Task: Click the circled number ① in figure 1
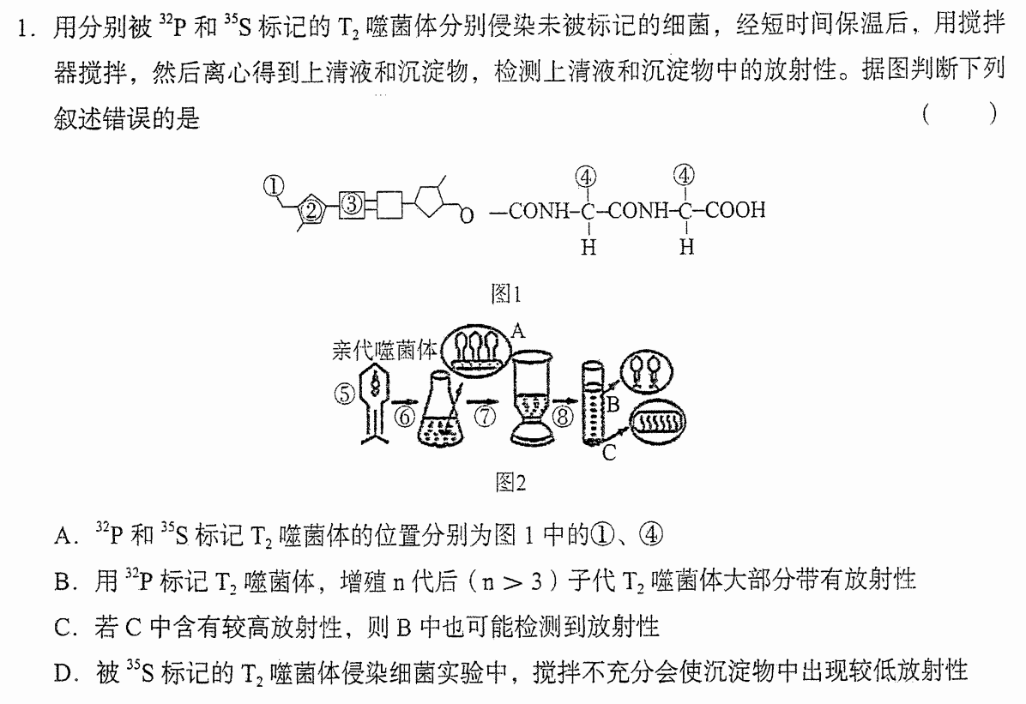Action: [x=274, y=186]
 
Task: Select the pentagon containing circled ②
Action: [x=311, y=209]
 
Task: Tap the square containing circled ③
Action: [x=352, y=205]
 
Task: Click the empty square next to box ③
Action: [x=389, y=205]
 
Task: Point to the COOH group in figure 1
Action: [x=735, y=210]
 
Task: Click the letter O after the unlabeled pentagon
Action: [x=467, y=215]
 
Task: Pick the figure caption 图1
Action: [x=506, y=294]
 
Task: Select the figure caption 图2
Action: [x=510, y=482]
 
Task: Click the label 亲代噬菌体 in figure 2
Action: [x=384, y=351]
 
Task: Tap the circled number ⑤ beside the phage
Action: [x=344, y=394]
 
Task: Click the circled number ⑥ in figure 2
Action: [x=405, y=416]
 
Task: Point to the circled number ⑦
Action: [x=485, y=416]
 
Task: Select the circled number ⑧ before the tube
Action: [x=563, y=416]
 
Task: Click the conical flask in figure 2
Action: [x=439, y=410]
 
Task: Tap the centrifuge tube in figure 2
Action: [x=592, y=402]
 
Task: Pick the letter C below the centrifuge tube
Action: [x=609, y=453]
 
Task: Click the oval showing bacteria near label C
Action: [x=658, y=421]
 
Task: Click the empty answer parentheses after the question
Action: [x=959, y=114]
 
